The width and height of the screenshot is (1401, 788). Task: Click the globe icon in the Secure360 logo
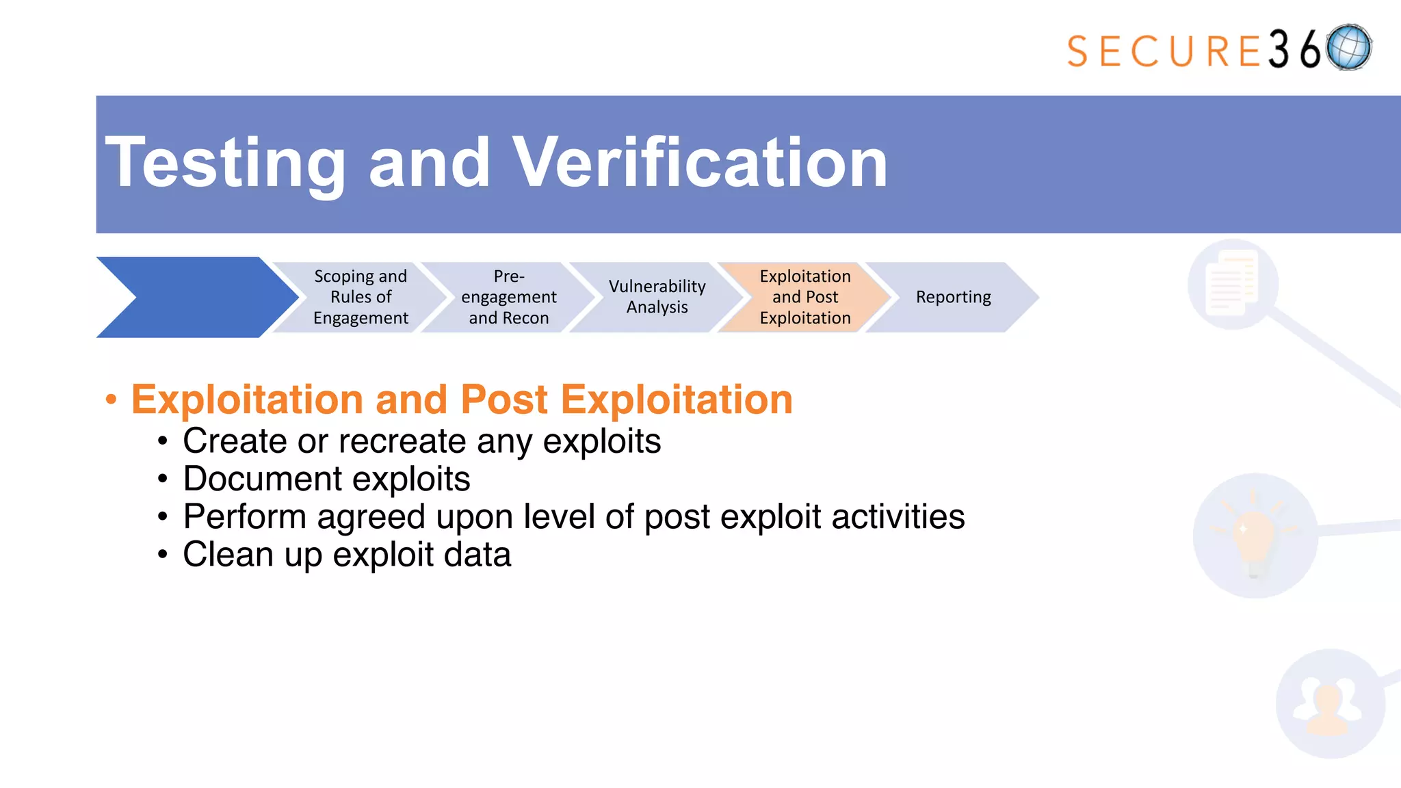[x=1348, y=48]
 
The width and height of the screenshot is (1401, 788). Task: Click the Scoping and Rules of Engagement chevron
[x=361, y=297]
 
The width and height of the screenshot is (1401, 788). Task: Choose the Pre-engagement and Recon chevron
[x=508, y=297]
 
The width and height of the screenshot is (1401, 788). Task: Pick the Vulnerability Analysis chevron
[x=657, y=297]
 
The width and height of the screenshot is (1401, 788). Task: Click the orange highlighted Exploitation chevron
[x=805, y=297]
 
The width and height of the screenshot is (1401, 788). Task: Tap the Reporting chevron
[x=953, y=297]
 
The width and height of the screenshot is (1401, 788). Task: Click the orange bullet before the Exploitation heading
[x=111, y=399]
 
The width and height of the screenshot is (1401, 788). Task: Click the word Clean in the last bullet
[x=228, y=555]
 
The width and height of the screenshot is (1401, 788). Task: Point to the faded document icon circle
[x=1233, y=284]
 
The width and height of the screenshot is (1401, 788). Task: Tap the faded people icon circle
[x=1329, y=704]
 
